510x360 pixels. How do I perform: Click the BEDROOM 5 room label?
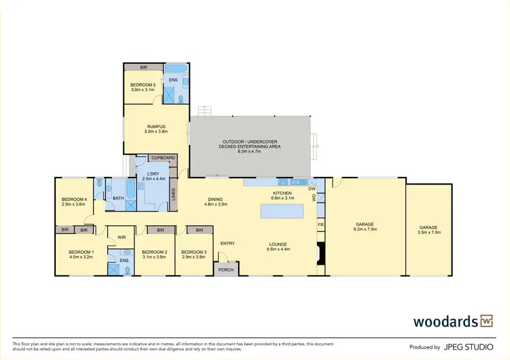tap(143, 85)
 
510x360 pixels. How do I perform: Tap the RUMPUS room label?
tap(156, 127)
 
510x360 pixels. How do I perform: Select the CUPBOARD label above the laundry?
tap(163, 158)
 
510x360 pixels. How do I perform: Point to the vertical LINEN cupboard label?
tap(174, 195)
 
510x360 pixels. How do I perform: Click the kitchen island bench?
tap(282, 211)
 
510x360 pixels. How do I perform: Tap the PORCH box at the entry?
tap(224, 269)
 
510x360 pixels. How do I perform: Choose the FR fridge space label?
tap(320, 224)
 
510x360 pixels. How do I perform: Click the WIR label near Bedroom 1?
tap(121, 238)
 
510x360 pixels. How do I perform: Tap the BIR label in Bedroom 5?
tap(143, 67)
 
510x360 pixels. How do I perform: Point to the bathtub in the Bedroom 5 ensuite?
tap(176, 69)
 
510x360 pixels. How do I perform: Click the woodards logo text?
tap(445, 321)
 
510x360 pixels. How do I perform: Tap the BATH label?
tap(118, 198)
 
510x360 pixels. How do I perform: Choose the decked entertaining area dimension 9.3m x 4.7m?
tap(251, 151)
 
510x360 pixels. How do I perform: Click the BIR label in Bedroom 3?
tap(201, 230)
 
